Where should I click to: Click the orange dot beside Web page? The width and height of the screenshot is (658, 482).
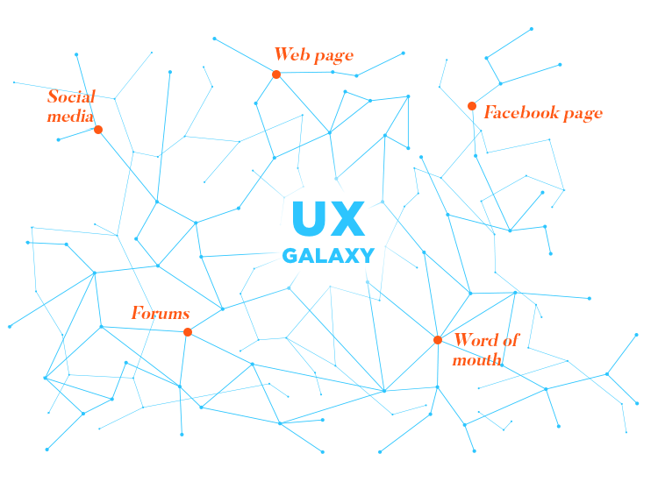tap(276, 74)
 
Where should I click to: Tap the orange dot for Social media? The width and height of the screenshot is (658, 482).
tap(98, 130)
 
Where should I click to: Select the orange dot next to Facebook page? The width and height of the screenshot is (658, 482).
tap(472, 106)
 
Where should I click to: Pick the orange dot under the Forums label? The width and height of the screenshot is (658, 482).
tap(188, 331)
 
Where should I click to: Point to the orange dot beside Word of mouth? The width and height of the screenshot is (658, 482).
tap(438, 340)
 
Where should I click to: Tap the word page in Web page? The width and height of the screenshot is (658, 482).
tap(333, 56)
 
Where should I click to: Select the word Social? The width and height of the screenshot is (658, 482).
tap(71, 96)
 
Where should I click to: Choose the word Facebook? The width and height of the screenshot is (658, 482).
tap(523, 112)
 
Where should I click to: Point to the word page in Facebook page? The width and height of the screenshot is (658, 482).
tap(583, 114)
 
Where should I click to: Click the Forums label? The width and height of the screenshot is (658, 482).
tap(161, 313)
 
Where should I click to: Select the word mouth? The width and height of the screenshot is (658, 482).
tap(476, 359)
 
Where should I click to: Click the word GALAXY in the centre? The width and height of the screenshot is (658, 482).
tap(328, 256)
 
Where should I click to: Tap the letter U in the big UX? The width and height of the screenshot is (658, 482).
tap(307, 219)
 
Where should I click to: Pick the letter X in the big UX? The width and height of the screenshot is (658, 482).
tap(347, 219)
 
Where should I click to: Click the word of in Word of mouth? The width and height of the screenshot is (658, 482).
tap(510, 340)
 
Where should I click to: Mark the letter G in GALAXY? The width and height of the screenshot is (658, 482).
tap(290, 256)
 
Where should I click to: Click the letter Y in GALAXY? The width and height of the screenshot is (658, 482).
tap(367, 256)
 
